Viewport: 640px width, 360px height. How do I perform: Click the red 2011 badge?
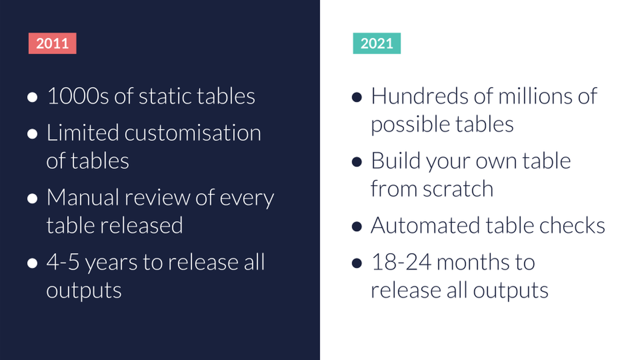click(x=52, y=43)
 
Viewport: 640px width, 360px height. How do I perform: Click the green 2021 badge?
click(x=377, y=43)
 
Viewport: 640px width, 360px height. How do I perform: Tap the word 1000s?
click(x=78, y=96)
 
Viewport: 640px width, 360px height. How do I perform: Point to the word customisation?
click(x=193, y=133)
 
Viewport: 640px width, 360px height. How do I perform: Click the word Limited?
click(x=83, y=133)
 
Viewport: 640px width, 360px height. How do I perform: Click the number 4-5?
click(x=63, y=262)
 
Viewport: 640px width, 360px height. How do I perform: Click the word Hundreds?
click(x=420, y=96)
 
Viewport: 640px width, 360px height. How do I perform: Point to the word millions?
click(x=536, y=96)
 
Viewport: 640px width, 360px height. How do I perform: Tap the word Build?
click(x=396, y=161)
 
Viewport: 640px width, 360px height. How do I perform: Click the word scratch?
click(x=458, y=188)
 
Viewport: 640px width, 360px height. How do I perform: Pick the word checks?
click(x=572, y=225)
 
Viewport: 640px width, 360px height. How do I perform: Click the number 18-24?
click(x=401, y=262)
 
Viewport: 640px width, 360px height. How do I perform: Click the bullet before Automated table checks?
click(x=357, y=227)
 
